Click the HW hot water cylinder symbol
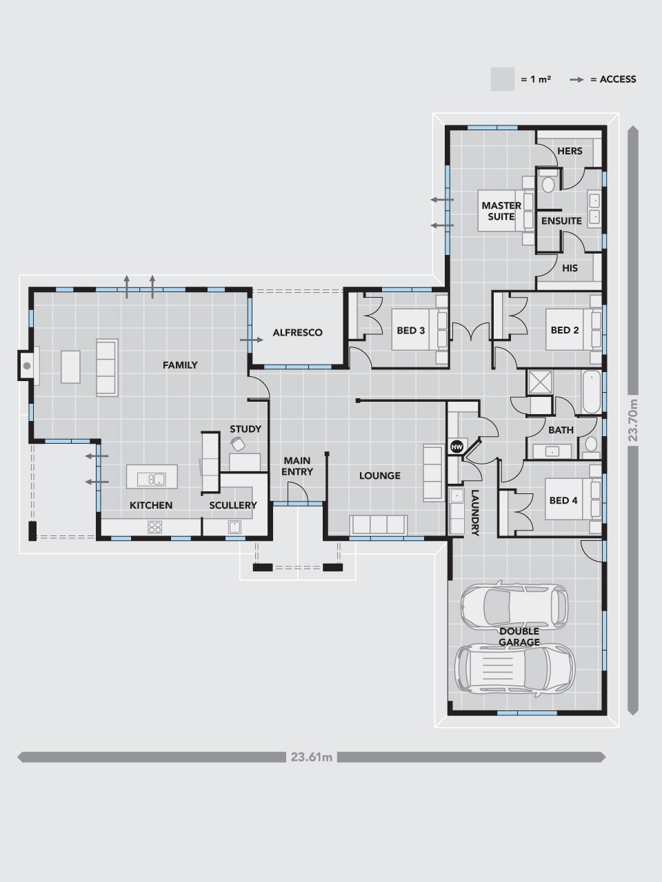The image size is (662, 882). [x=457, y=447]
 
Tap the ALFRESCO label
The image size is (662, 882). [x=297, y=333]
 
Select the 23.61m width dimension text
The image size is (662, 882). [x=312, y=757]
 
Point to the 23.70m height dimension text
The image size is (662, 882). [x=632, y=420]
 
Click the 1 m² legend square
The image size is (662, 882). [x=503, y=79]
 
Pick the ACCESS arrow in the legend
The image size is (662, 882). [x=576, y=80]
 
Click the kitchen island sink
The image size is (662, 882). [x=151, y=480]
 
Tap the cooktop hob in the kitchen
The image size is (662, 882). [x=154, y=527]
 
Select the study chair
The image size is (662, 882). [x=237, y=444]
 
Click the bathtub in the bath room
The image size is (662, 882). [x=592, y=392]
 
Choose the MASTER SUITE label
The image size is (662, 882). [x=501, y=211]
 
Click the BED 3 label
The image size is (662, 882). [x=411, y=330]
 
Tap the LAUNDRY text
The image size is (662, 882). [x=475, y=513]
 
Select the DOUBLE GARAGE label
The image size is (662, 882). [x=519, y=637]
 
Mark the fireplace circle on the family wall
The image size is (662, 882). [x=27, y=366]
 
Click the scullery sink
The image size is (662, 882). [x=234, y=527]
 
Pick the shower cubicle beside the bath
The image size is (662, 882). [x=540, y=382]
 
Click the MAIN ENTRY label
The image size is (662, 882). [x=297, y=466]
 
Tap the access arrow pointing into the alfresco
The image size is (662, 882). [x=252, y=340]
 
